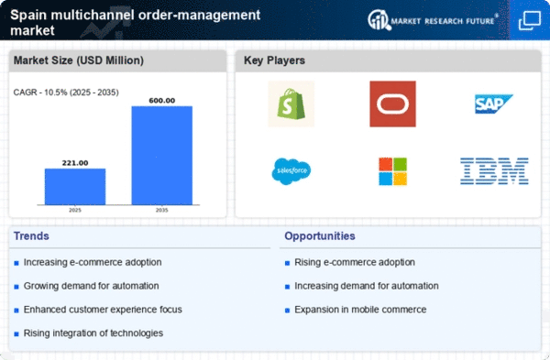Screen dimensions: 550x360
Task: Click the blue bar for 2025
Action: point(75,187)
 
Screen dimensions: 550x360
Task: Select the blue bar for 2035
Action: point(162,156)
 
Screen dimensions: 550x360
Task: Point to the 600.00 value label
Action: point(162,101)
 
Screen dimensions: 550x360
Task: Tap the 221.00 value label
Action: point(75,163)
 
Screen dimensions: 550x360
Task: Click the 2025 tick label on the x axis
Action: point(75,210)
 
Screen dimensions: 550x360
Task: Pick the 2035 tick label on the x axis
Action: point(162,210)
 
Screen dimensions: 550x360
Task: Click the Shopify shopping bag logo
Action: point(291,104)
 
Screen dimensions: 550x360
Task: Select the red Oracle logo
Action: point(393,104)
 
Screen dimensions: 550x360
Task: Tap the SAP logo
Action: point(494,104)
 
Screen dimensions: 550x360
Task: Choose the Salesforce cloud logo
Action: point(291,171)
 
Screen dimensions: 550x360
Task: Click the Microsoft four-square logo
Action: point(393,171)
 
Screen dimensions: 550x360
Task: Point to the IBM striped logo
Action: point(494,171)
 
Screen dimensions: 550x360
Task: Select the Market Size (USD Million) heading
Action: point(79,60)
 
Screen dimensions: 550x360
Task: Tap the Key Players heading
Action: point(274,60)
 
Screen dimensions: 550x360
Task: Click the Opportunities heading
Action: point(320,236)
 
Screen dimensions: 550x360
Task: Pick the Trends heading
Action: point(31,236)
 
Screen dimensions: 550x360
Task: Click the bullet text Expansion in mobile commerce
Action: point(360,310)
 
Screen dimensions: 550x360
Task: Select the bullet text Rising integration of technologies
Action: point(93,333)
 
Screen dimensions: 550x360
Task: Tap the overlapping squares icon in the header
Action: point(530,20)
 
